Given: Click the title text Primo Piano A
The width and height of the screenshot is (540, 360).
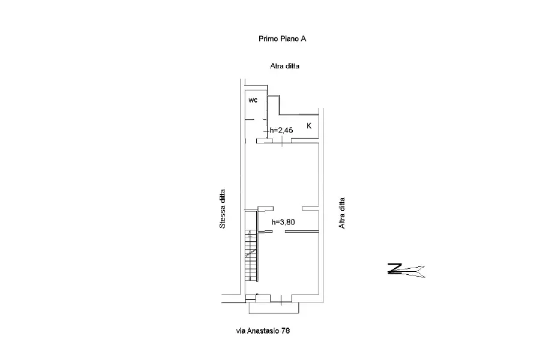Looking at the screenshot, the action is (x=283, y=38).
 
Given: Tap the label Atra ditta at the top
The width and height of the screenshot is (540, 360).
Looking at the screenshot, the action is (x=284, y=66).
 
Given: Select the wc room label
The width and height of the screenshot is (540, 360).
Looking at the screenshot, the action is (x=253, y=100).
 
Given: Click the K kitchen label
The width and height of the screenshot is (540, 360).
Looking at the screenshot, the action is (x=309, y=126).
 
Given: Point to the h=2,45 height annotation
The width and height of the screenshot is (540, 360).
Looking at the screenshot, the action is (x=281, y=130).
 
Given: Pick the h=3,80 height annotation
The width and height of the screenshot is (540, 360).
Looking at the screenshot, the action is (x=283, y=222).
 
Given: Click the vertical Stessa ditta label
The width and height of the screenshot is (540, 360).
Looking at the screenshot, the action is (x=223, y=209).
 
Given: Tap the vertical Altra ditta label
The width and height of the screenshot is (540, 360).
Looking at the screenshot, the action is (x=341, y=213).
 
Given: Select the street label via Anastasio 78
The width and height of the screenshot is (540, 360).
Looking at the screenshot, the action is (x=263, y=331).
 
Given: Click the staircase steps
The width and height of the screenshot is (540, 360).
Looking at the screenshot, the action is (x=251, y=255).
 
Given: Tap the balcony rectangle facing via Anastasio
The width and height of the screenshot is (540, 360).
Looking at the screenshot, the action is (x=274, y=308).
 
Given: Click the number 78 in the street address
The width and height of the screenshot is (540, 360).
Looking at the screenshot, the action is (x=286, y=331).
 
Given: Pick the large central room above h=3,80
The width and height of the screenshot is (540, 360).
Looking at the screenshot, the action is (x=283, y=175).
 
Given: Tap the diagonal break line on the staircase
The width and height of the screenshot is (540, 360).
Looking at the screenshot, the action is (x=251, y=254).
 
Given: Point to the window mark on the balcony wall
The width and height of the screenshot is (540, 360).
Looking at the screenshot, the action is (x=281, y=301).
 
